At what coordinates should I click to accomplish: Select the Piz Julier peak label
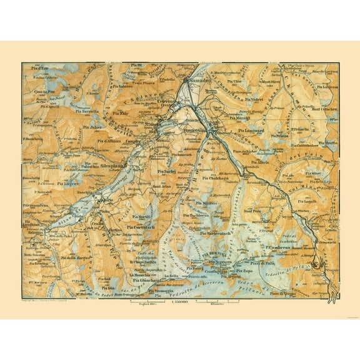click(x=92, y=127)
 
